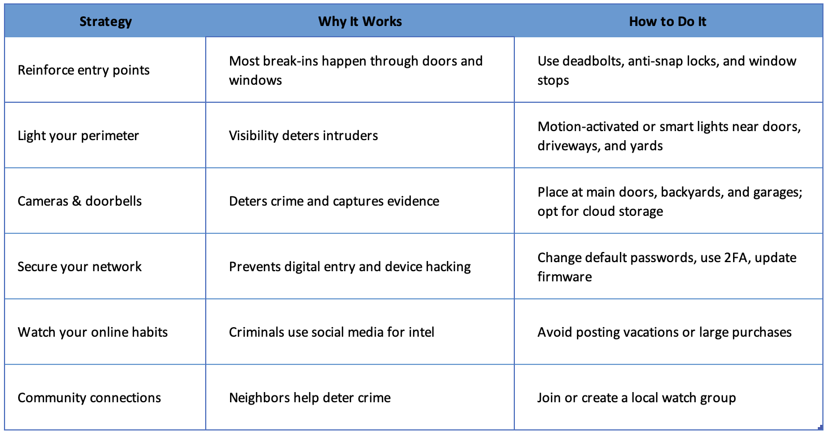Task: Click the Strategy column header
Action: point(105,22)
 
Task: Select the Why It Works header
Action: point(360,22)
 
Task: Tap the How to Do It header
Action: point(667,22)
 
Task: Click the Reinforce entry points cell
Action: point(84,70)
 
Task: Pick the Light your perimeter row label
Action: point(78,136)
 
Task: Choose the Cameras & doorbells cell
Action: point(80,201)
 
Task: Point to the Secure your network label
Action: point(80,267)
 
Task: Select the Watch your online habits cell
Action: point(93,332)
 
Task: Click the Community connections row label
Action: point(89,398)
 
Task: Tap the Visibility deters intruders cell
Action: point(304,136)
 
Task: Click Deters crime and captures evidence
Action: point(334,201)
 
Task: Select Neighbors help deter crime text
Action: point(310,398)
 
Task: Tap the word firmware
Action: point(565,277)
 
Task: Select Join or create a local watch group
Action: point(636,398)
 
